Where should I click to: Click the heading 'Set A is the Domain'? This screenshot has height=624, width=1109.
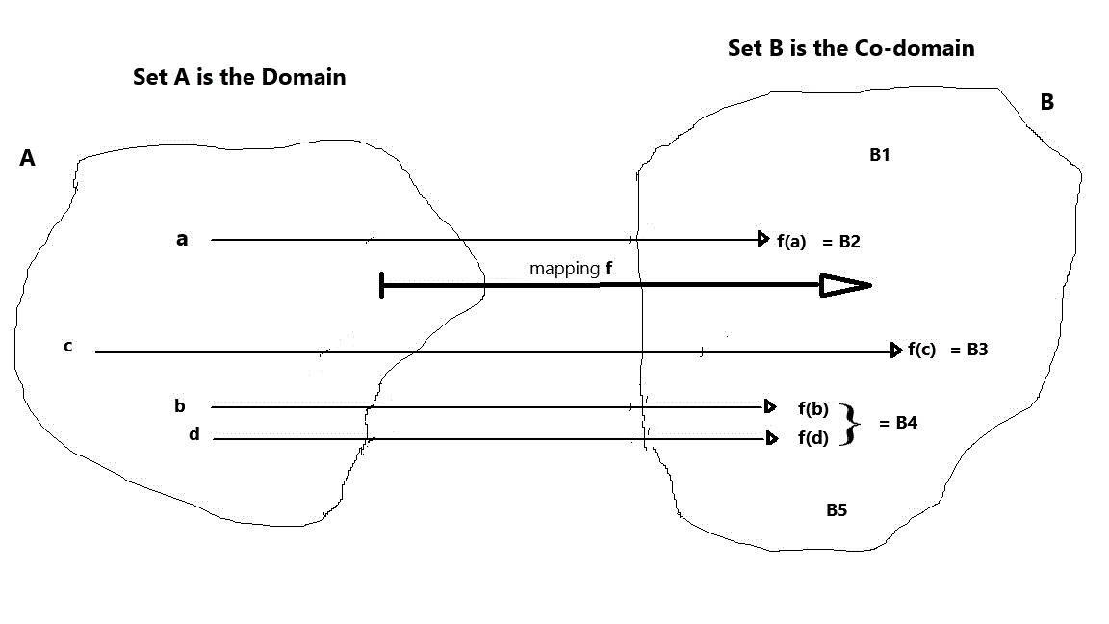coord(239,77)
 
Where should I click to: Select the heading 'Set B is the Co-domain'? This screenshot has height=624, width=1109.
coord(851,48)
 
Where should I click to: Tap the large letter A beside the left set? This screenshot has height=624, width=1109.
coord(27,159)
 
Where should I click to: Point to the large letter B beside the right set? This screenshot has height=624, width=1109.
coord(1046,102)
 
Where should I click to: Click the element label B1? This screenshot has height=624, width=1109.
coord(879,154)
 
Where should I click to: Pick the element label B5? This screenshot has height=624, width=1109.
coord(837,510)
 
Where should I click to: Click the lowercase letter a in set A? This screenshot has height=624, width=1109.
coord(182,239)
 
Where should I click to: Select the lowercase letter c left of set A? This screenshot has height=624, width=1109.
coord(68,346)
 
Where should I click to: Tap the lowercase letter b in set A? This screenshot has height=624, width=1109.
coord(180,406)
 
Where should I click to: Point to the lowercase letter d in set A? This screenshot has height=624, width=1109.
coord(194,434)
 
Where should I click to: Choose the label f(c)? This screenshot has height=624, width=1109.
coord(921,350)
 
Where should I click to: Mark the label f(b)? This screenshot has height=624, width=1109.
coord(813,408)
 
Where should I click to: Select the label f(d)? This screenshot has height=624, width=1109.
coord(813,439)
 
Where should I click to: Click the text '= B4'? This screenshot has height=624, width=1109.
coord(897,422)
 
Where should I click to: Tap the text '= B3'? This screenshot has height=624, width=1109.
coord(969,350)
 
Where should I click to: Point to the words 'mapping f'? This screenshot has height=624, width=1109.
coord(571,269)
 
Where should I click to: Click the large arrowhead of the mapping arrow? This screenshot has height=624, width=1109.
coord(844,285)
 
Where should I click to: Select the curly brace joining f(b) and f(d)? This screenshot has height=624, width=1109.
coord(848,424)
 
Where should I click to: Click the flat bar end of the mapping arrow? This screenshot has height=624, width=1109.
coord(383,285)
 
